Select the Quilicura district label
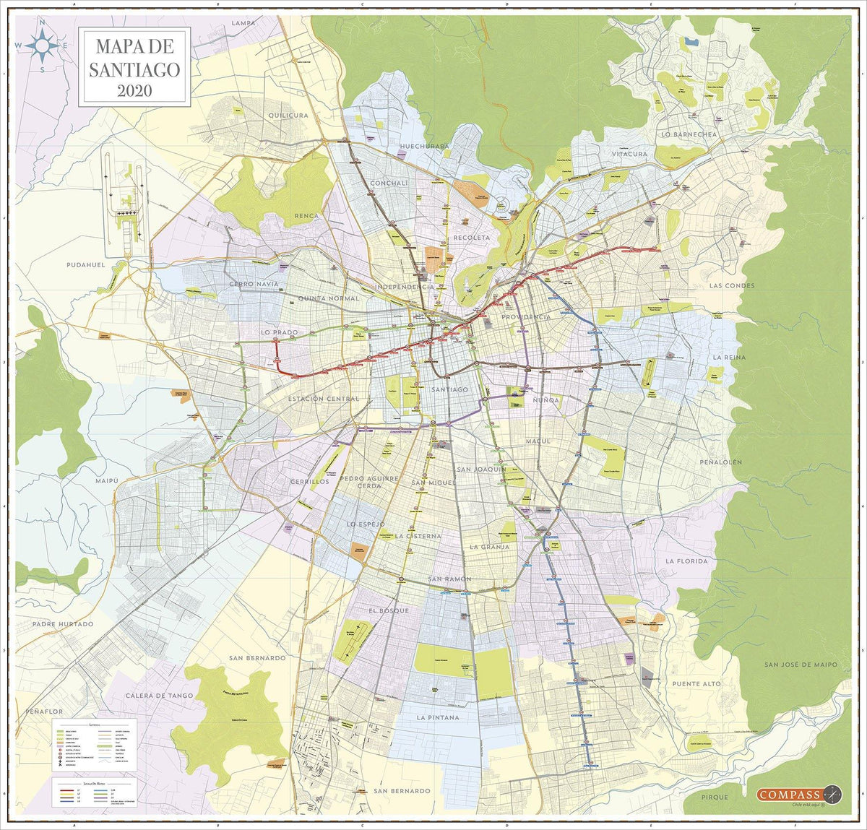[288, 115]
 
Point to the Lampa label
[243, 23]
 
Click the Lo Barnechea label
[689, 134]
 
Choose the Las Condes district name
[731, 285]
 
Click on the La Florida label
[687, 561]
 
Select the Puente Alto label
[696, 683]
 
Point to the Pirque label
[715, 797]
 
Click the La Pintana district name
[438, 717]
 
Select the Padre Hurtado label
[63, 623]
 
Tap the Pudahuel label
[86, 265]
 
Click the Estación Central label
[323, 399]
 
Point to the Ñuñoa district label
[545, 399]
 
